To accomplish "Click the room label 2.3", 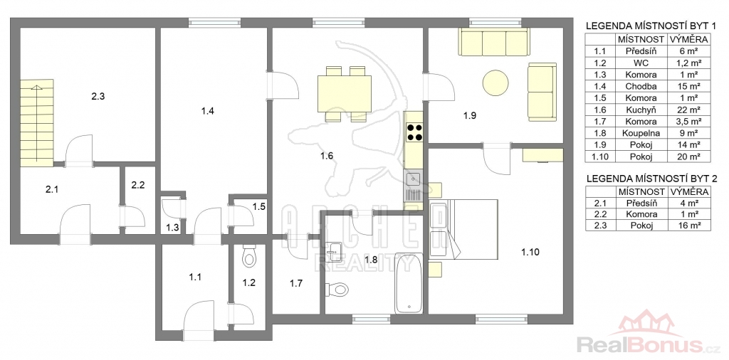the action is pyautogui.click(x=98, y=97).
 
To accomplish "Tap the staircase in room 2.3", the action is pyautogui.click(x=37, y=122).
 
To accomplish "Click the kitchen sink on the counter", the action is pyautogui.click(x=413, y=179).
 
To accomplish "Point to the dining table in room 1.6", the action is pyautogui.click(x=344, y=94).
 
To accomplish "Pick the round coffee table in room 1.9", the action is pyautogui.click(x=495, y=83).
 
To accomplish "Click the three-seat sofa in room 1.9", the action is pyautogui.click(x=494, y=42).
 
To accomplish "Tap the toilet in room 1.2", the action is pyautogui.click(x=249, y=256).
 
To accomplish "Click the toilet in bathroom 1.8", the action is pyautogui.click(x=337, y=290).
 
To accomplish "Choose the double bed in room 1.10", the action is pyautogui.click(x=464, y=229).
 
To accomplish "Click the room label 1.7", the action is pyautogui.click(x=296, y=283).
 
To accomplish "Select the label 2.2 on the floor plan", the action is pyautogui.click(x=138, y=185).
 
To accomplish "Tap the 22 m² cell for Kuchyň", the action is pyautogui.click(x=689, y=110).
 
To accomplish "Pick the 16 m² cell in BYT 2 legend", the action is pyautogui.click(x=689, y=226).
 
